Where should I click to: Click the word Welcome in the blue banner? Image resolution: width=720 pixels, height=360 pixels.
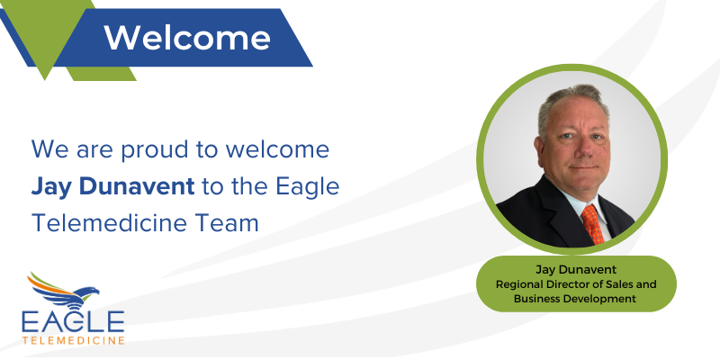click(x=187, y=37)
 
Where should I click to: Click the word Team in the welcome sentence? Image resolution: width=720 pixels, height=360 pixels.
click(x=230, y=221)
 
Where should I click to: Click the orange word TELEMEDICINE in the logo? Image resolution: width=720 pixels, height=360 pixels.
click(x=75, y=339)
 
